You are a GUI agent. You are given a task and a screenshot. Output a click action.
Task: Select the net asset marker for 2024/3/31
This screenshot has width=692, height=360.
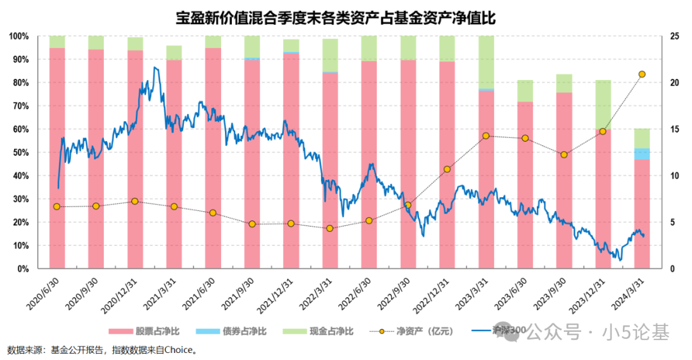[x=642, y=74]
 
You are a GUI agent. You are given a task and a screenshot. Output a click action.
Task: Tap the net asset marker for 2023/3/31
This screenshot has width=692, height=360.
[x=486, y=136]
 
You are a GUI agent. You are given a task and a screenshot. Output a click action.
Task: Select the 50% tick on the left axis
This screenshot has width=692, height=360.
[x=20, y=152]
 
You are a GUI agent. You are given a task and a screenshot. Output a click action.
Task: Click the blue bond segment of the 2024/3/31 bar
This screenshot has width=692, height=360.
[x=642, y=154]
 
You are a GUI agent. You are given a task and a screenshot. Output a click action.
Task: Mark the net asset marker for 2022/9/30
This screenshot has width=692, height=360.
[x=408, y=206]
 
